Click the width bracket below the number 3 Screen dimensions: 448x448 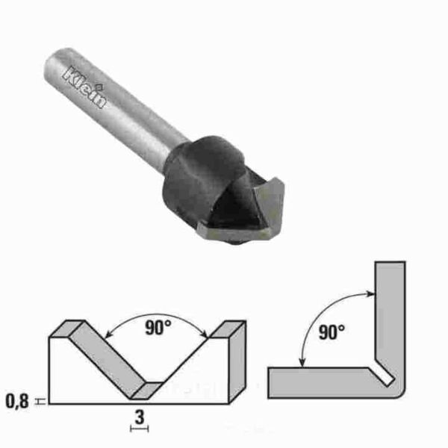[140, 428]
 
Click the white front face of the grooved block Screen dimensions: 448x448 [90, 381]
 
